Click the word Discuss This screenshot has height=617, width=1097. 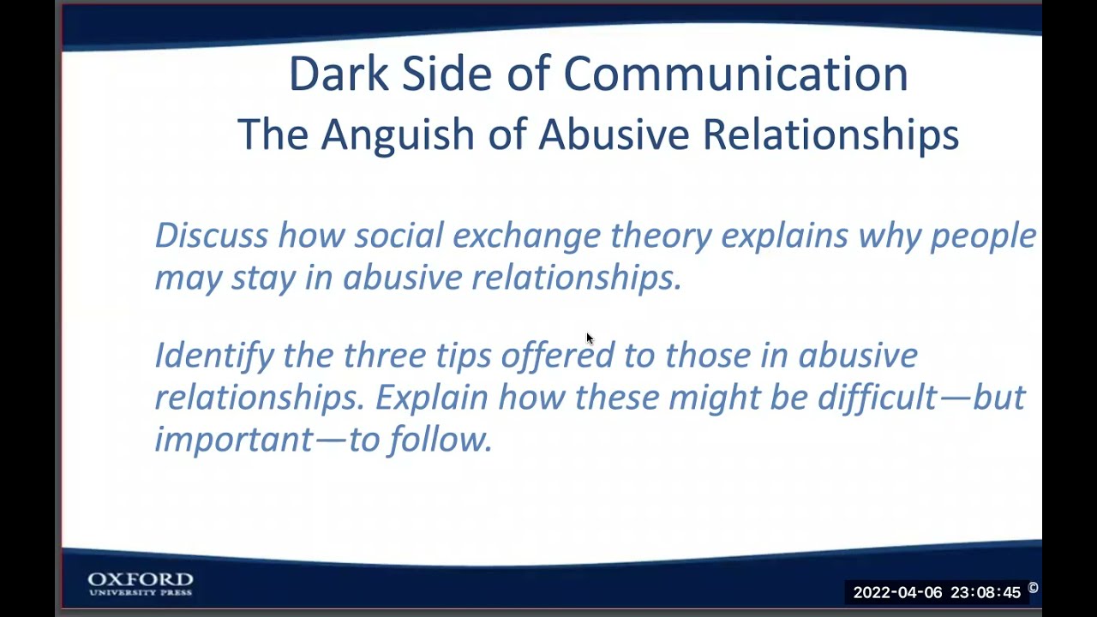[211, 236]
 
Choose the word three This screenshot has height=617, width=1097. [384, 356]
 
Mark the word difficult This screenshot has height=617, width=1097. [876, 398]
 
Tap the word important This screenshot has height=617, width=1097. [233, 440]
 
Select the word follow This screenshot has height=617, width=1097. [441, 440]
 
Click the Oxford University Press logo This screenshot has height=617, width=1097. [141, 584]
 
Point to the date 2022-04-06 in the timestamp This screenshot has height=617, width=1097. [896, 592]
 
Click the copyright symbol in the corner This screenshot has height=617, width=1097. [1033, 588]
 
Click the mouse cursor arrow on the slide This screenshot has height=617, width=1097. [589, 338]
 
